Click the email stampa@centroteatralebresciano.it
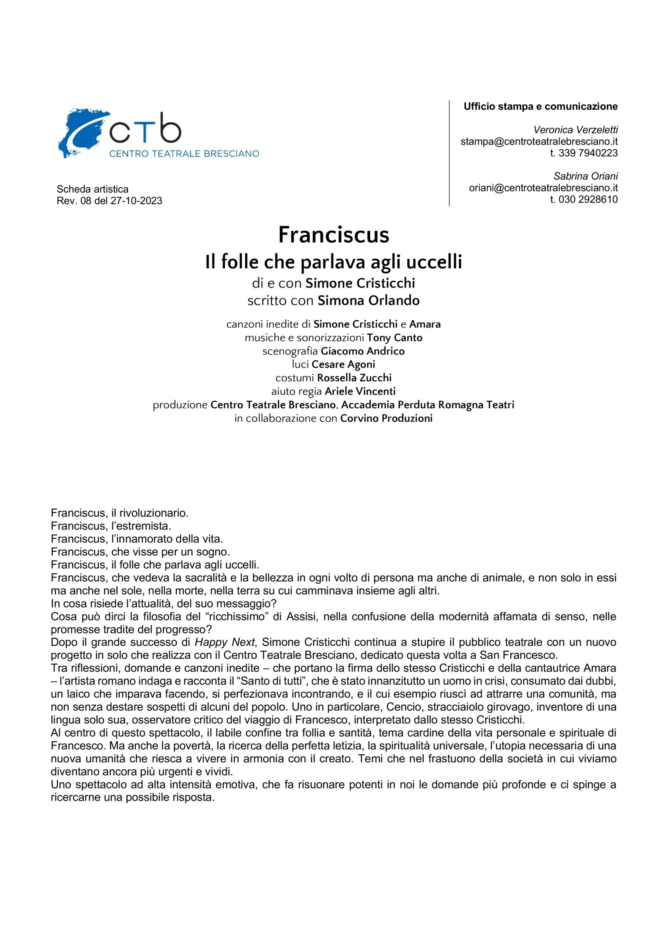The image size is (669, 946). tap(539, 142)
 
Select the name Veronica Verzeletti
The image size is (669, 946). tap(575, 130)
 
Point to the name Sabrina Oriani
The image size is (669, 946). tap(585, 176)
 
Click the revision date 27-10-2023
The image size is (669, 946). tap(136, 201)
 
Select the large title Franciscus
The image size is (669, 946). tap(334, 235)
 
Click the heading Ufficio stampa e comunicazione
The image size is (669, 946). tap(540, 107)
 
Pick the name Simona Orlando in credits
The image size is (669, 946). tap(369, 301)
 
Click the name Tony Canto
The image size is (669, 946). tap(394, 338)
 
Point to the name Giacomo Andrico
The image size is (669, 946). tap(363, 351)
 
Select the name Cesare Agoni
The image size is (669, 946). tap(343, 365)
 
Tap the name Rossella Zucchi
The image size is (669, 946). tap(354, 378)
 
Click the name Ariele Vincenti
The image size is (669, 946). tap(360, 391)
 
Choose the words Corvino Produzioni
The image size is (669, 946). tap(386, 419)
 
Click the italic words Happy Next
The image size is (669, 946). tap(225, 642)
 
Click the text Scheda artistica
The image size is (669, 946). tap(92, 190)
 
